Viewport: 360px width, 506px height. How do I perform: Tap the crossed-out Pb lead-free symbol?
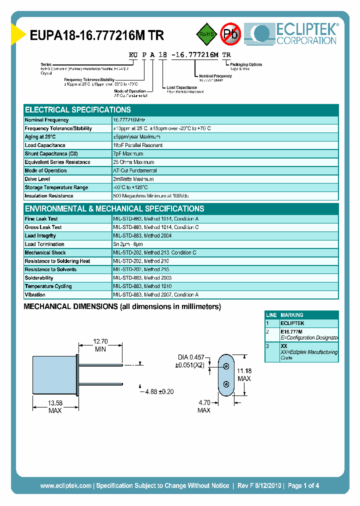(x=230, y=34)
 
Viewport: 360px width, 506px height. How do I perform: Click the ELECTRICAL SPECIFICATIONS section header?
(x=78, y=109)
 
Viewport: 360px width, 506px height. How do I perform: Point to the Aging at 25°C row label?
(x=40, y=137)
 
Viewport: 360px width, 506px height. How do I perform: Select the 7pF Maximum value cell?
(x=128, y=154)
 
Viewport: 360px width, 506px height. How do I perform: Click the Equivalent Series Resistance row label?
(x=57, y=162)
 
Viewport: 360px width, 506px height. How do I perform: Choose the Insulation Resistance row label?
(x=49, y=196)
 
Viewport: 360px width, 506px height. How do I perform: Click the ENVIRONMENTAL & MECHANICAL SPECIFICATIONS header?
(x=114, y=208)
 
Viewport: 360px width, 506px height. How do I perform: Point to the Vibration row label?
(x=35, y=295)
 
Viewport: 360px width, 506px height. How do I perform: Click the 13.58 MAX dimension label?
(x=55, y=406)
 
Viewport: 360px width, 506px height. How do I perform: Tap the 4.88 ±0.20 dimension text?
(x=159, y=391)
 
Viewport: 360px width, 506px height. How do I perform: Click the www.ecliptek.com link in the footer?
(x=65, y=485)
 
